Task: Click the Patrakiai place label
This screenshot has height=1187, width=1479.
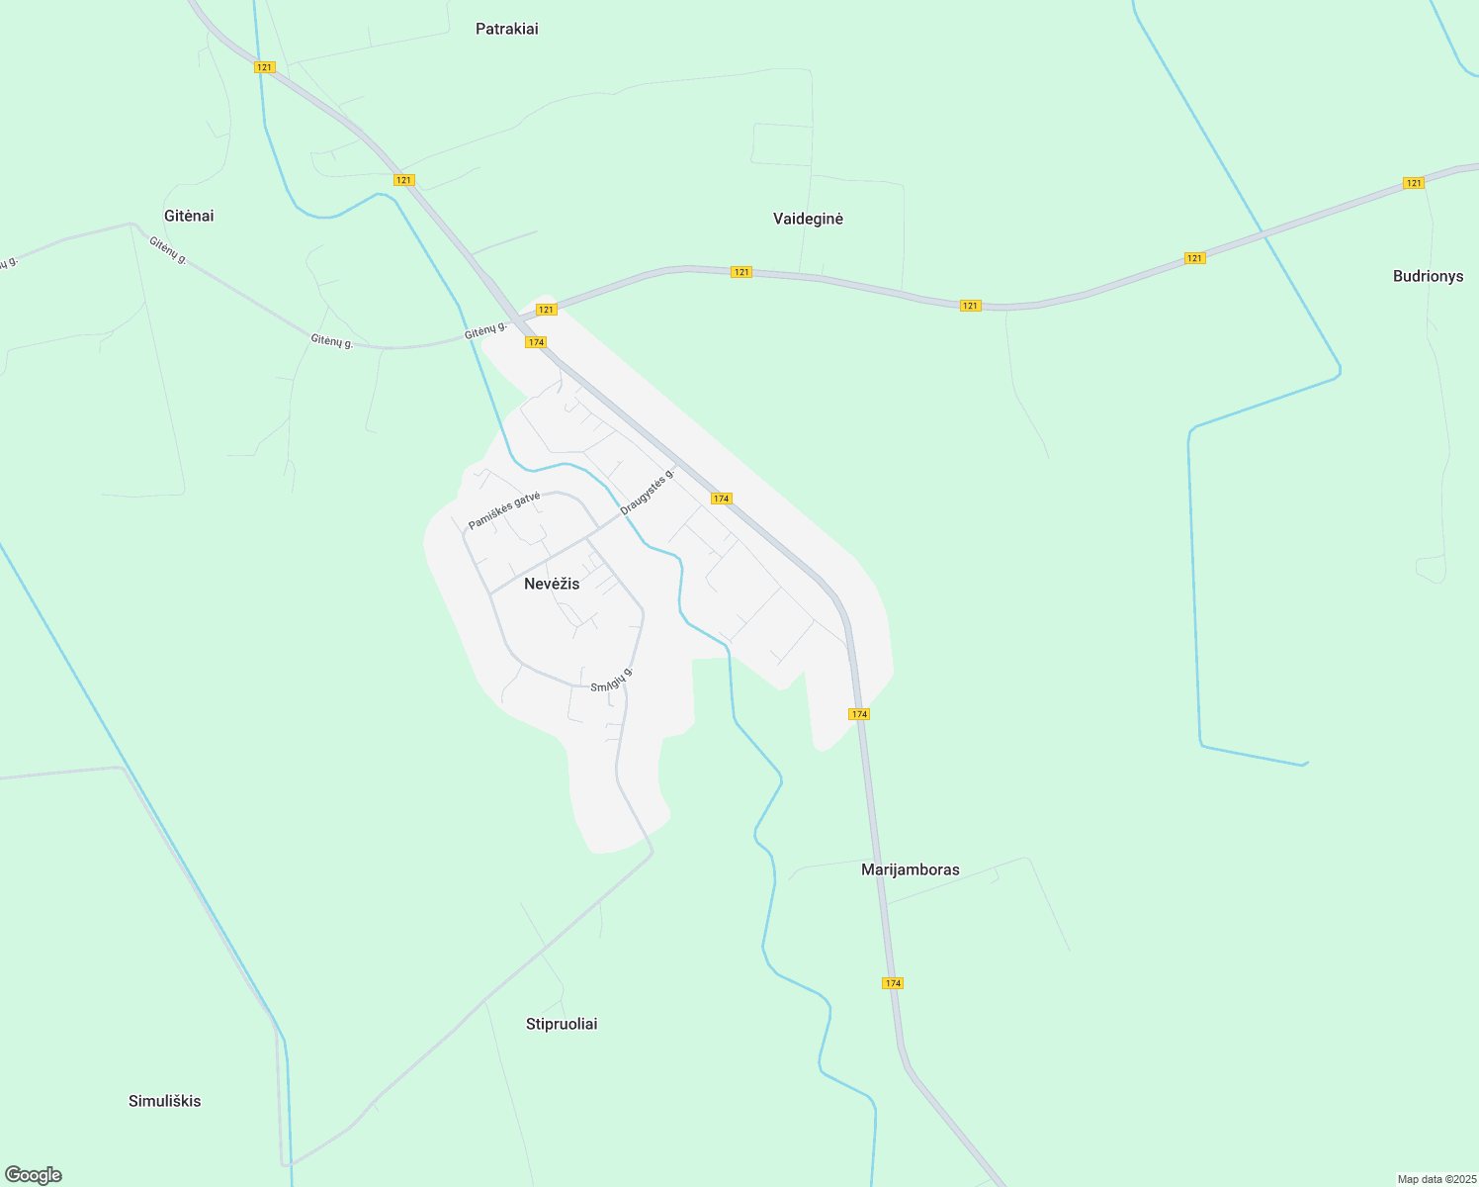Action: (x=506, y=29)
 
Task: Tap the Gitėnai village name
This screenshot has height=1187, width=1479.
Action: (x=189, y=216)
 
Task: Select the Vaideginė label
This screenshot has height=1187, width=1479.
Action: (x=808, y=219)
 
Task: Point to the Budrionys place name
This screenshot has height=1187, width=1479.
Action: (x=1428, y=276)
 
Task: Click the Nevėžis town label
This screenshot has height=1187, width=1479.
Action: (x=552, y=584)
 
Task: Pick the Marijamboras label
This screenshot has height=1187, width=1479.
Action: (x=910, y=869)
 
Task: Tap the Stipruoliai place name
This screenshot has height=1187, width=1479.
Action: (x=562, y=1024)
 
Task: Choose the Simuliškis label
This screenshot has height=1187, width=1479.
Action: (x=164, y=1101)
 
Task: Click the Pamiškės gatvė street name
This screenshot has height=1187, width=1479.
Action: (x=504, y=509)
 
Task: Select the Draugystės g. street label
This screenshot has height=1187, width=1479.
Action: (x=648, y=492)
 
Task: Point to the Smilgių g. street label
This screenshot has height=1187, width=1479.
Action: (x=611, y=680)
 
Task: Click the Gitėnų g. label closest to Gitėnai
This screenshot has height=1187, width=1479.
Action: (x=168, y=249)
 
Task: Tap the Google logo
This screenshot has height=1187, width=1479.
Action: (x=34, y=1175)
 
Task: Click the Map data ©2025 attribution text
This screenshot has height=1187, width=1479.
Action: (x=1436, y=1179)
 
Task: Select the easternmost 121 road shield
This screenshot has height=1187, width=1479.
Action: (x=1414, y=183)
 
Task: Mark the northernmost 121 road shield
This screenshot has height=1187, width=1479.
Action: (x=264, y=67)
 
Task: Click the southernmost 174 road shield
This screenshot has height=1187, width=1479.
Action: (x=893, y=983)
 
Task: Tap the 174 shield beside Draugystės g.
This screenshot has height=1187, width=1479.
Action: (x=722, y=499)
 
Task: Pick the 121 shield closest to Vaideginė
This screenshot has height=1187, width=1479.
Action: (x=741, y=272)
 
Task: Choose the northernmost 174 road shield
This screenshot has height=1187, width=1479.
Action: (x=536, y=342)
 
